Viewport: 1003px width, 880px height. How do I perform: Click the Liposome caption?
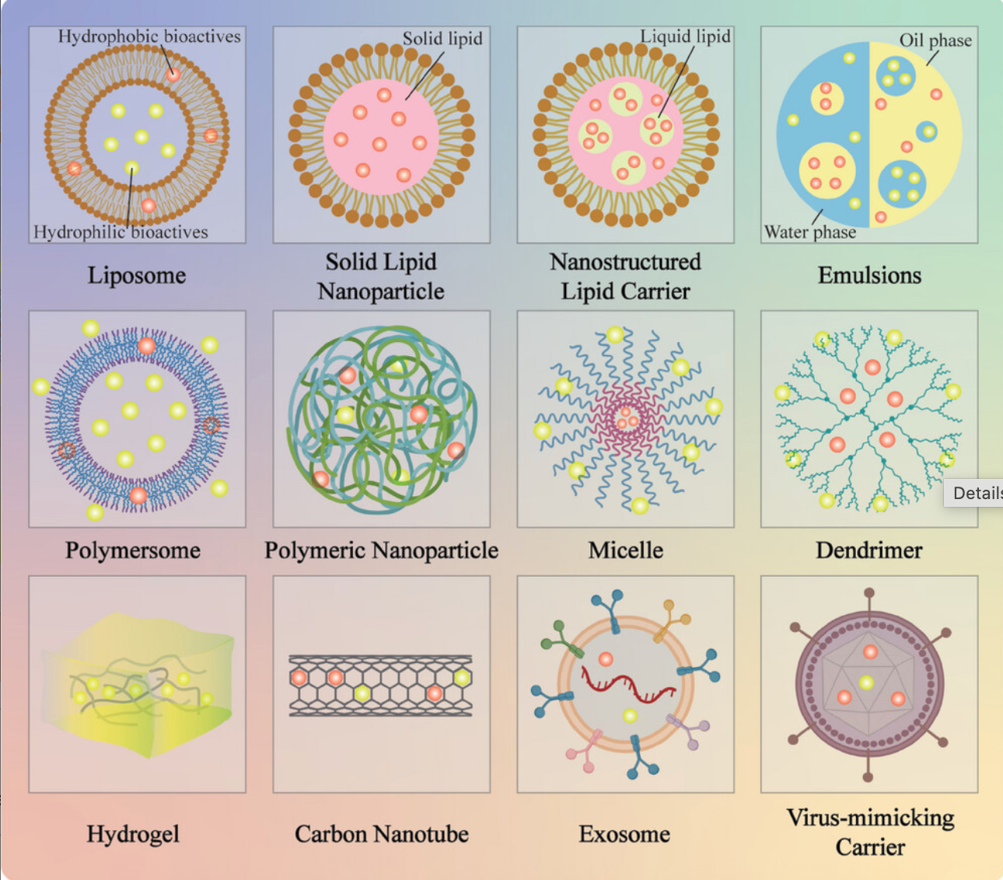tap(137, 276)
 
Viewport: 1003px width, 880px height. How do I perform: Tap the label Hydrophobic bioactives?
tap(149, 37)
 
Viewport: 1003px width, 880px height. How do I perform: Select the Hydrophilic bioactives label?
tap(121, 232)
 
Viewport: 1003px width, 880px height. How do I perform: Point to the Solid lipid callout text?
tap(442, 39)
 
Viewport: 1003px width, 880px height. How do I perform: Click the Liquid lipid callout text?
tap(685, 37)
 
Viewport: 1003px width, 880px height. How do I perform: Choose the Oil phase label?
tap(935, 40)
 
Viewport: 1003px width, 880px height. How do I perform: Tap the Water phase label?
tap(810, 232)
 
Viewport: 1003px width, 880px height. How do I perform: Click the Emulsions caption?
tap(869, 276)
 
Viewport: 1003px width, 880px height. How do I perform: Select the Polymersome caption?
tap(133, 550)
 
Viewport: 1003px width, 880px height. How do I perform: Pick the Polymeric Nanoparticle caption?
tap(381, 550)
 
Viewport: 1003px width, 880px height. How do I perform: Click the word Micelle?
tap(626, 550)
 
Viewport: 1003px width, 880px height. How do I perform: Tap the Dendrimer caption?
tap(869, 550)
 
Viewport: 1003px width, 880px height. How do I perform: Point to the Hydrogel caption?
tap(133, 834)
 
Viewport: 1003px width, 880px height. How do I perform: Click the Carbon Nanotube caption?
tap(381, 834)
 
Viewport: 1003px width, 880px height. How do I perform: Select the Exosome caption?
tap(625, 834)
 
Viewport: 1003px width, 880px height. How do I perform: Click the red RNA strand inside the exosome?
tap(627, 685)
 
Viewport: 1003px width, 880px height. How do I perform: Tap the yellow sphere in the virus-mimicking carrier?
tap(866, 683)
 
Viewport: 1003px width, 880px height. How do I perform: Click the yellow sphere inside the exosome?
tap(630, 716)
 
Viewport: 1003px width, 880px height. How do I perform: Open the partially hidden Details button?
tap(973, 493)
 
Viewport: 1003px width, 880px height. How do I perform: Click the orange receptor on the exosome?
tap(671, 620)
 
